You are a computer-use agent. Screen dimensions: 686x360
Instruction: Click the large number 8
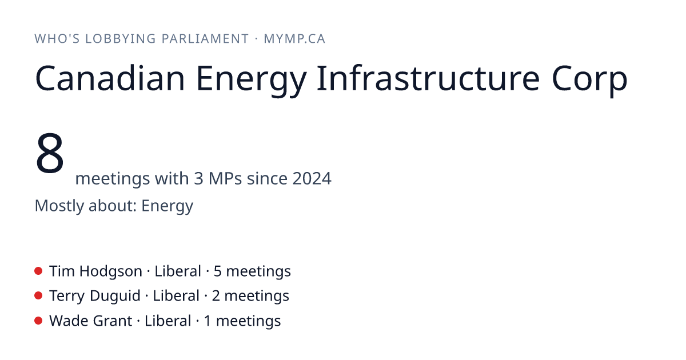pyautogui.click(x=50, y=153)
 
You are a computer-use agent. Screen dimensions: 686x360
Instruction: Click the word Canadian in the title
pyautogui.click(x=110, y=78)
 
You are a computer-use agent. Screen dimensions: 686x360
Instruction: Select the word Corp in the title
pyautogui.click(x=590, y=80)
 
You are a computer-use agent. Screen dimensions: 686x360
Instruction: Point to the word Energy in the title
pyautogui.click(x=251, y=81)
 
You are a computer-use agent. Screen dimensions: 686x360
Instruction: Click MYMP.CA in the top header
pyautogui.click(x=294, y=39)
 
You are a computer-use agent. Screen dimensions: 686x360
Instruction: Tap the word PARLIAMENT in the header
pyautogui.click(x=205, y=39)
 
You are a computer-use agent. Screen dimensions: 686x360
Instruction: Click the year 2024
pyautogui.click(x=312, y=178)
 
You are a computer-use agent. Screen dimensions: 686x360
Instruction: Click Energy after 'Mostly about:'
pyautogui.click(x=167, y=206)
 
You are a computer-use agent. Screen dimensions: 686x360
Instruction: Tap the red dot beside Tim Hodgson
pyautogui.click(x=38, y=271)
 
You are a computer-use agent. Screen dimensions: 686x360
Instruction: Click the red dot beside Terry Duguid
pyautogui.click(x=38, y=296)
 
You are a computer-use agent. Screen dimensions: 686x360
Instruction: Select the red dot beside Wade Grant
pyautogui.click(x=38, y=321)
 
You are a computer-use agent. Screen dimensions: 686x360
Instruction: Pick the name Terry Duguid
pyautogui.click(x=95, y=297)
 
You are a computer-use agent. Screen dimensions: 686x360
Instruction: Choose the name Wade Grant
pyautogui.click(x=91, y=321)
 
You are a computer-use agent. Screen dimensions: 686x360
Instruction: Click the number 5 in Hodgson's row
pyautogui.click(x=217, y=271)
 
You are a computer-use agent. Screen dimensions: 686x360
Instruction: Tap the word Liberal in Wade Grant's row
pyautogui.click(x=168, y=321)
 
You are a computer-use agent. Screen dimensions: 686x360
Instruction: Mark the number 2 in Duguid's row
pyautogui.click(x=216, y=296)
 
